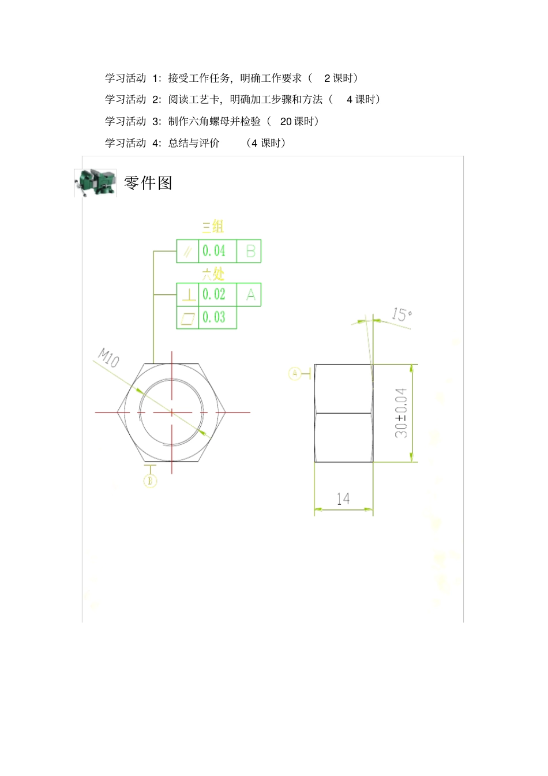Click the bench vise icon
pos(95,183)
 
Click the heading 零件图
pos(148,183)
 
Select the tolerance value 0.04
pos(214,251)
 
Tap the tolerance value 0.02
pos(214,294)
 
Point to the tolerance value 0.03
pos(214,317)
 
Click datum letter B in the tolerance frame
pos(250,251)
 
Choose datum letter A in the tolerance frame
pos(250,294)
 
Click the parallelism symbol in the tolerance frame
pos(187,252)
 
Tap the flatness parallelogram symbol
pos(188,318)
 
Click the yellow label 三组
pos(213,227)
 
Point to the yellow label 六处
pos(213,273)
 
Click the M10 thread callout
pos(108,358)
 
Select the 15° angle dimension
pos(401,314)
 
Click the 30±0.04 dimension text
pos(401,413)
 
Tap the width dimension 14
pos(343,498)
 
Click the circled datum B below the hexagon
pos(150,481)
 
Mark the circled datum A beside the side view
pos(294,373)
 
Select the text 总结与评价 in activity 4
pos(194,143)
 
